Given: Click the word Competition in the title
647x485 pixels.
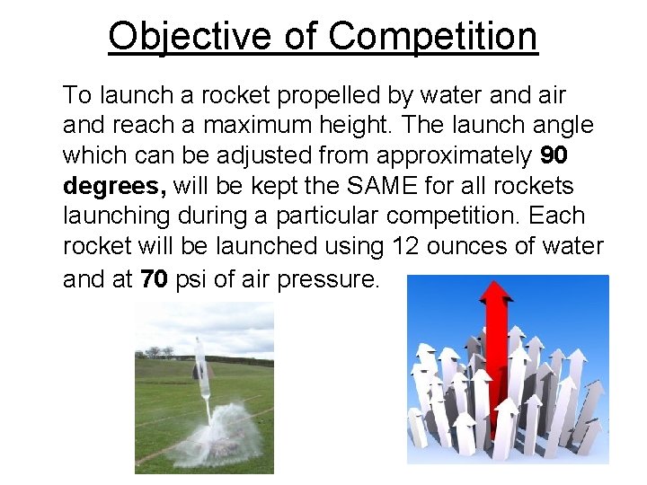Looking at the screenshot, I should [x=432, y=37].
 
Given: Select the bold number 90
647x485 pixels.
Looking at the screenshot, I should [x=554, y=156].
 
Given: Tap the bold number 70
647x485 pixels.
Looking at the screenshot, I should [x=153, y=279].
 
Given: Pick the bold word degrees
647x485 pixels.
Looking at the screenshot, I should [x=112, y=187].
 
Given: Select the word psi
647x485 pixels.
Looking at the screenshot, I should [x=190, y=279].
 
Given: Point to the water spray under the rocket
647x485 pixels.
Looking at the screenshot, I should [x=220, y=431].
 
